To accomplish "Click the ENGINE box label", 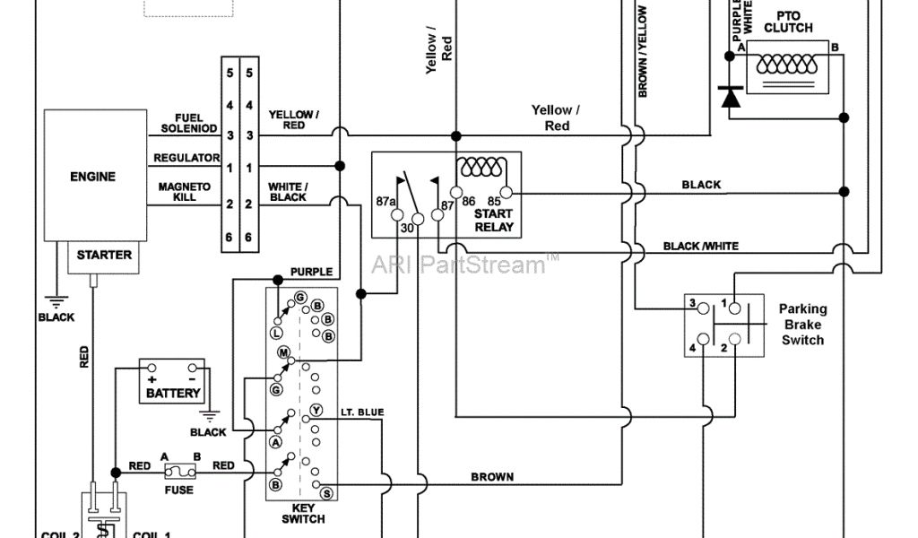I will [x=92, y=177].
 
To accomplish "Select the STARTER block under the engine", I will [x=104, y=255].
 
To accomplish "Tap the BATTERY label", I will [x=174, y=394].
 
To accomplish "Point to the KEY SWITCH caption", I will [x=303, y=513].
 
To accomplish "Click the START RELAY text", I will [x=494, y=221].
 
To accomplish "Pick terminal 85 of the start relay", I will [x=506, y=192].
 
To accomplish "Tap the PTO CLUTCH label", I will [x=789, y=22].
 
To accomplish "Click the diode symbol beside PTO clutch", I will [x=732, y=95].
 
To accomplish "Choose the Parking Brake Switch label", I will [x=802, y=324].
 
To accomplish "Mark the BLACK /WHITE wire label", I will [x=701, y=246].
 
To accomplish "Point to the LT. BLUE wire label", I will [x=362, y=412].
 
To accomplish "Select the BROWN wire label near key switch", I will [x=492, y=477].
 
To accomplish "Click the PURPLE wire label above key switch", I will [x=311, y=271].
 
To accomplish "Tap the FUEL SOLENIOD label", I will [x=189, y=123].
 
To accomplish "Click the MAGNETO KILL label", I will [x=185, y=191].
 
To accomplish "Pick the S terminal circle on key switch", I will [x=327, y=493].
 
